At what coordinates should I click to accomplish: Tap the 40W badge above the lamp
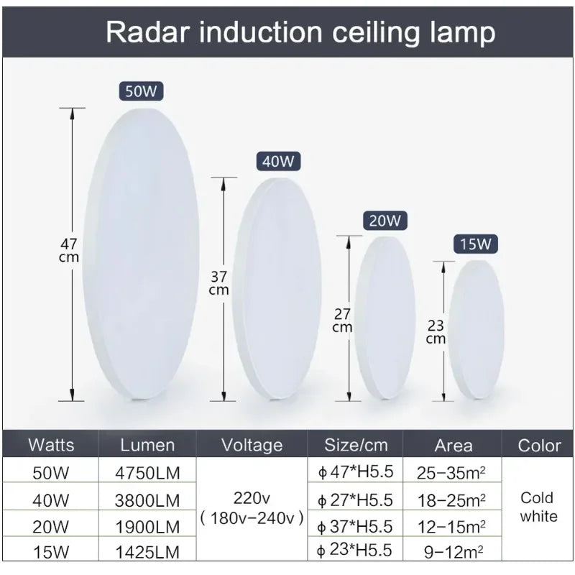click(277, 162)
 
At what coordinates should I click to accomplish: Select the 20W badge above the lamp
click(385, 221)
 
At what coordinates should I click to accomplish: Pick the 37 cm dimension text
click(218, 283)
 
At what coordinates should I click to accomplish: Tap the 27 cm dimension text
click(342, 320)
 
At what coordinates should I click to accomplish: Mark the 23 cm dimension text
click(436, 331)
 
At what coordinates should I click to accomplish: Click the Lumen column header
click(147, 445)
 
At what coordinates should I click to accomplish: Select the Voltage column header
click(252, 445)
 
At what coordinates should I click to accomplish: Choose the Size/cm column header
click(356, 445)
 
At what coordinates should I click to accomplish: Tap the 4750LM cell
click(147, 472)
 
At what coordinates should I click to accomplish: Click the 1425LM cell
click(147, 551)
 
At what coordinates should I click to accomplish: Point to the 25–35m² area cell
click(451, 472)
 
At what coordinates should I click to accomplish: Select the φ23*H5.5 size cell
click(355, 551)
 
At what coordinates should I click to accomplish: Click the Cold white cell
click(538, 507)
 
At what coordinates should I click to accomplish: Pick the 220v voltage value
click(252, 497)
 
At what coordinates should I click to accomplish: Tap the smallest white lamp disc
click(476, 329)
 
